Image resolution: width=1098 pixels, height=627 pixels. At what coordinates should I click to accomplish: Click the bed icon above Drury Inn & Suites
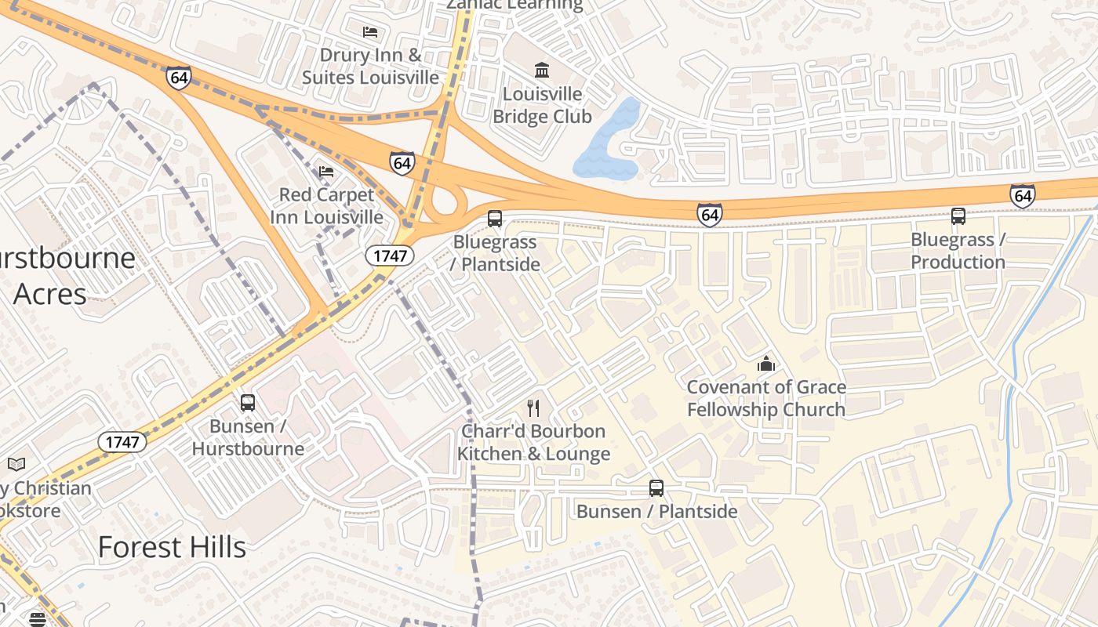(370, 31)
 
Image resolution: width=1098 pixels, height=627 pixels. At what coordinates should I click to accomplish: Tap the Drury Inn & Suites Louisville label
(370, 67)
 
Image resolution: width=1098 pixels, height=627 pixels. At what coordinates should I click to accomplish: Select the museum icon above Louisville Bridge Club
(542, 70)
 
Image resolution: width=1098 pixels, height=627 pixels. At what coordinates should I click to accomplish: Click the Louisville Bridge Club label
(542, 105)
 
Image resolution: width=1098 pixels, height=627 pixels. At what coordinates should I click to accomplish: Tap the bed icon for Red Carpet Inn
(326, 171)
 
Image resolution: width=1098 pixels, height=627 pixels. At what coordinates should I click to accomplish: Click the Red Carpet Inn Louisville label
(326, 205)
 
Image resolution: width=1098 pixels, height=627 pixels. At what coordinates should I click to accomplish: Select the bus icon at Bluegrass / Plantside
(495, 219)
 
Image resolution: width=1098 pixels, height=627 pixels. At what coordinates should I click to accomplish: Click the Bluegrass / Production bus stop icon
(958, 216)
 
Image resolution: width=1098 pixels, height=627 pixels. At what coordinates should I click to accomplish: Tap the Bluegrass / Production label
(958, 251)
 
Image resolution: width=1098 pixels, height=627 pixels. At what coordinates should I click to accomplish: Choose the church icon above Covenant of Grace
(766, 364)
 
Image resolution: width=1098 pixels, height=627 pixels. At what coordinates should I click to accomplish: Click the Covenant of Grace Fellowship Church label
(766, 398)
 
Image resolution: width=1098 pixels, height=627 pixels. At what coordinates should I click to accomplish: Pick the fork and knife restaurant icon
(533, 408)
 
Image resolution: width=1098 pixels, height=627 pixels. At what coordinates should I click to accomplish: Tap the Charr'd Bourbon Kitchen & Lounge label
(533, 443)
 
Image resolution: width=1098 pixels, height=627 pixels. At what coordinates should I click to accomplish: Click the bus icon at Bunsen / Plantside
(656, 488)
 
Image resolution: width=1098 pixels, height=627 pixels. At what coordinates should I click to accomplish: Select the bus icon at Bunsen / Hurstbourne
(248, 403)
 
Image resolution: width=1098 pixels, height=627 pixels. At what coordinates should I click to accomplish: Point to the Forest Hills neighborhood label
(172, 547)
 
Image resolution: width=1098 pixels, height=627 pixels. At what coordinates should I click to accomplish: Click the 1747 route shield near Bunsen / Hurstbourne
(122, 442)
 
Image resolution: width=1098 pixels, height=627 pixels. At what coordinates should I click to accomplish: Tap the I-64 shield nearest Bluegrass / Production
(1023, 195)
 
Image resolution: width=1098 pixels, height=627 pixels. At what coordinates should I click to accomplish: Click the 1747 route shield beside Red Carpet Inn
(390, 255)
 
